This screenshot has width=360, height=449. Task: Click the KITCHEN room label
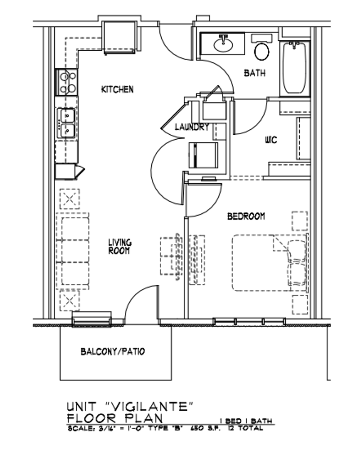tap(118, 89)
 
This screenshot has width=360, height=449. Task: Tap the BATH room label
tap(255, 73)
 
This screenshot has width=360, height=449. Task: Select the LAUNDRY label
tap(191, 128)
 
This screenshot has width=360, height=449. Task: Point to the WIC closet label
tap(271, 140)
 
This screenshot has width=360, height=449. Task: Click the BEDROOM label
tap(246, 216)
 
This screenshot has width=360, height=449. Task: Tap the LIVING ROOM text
tap(120, 247)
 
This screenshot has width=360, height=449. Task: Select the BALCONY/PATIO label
tap(113, 352)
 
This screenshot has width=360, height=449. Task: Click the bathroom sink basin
tap(224, 44)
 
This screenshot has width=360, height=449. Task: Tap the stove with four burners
tap(67, 82)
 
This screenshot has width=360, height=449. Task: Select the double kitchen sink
tap(67, 123)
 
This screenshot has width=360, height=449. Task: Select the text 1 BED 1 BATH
tap(245, 421)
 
